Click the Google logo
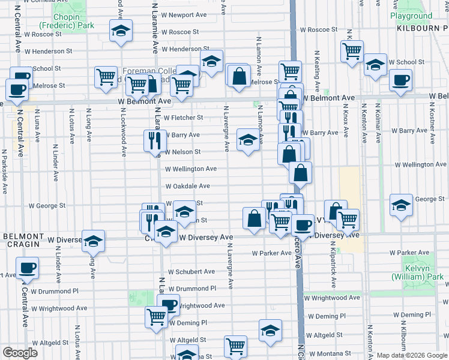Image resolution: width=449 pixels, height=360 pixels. click(20, 353)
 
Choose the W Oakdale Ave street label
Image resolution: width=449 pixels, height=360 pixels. click(187, 186)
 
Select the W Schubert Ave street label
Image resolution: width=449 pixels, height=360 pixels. click(191, 271)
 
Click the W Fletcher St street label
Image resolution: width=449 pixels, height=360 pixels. click(183, 118)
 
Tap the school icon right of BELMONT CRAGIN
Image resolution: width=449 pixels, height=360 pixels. click(94, 241)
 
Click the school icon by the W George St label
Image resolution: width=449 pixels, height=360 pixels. click(401, 205)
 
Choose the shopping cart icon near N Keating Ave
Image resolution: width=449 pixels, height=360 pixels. click(352, 50)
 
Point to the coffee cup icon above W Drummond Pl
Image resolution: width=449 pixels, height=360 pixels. click(26, 268)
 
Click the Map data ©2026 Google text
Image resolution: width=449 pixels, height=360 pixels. click(411, 355)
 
